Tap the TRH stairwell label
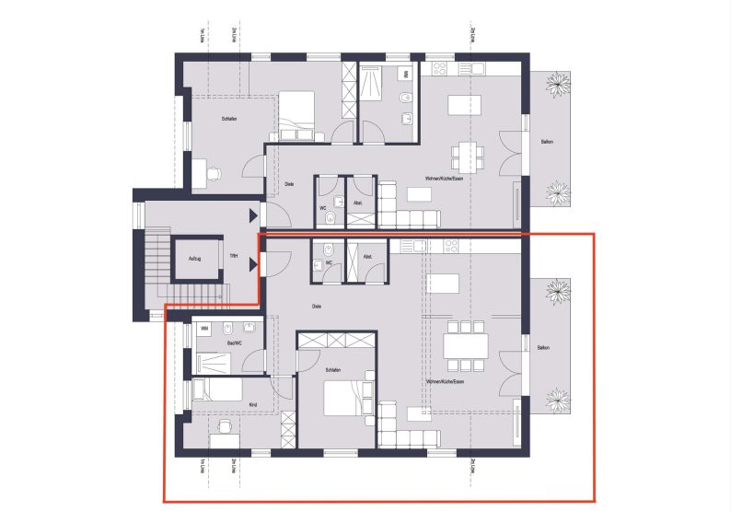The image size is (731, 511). coord(234,260)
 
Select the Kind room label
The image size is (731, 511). coord(253,404)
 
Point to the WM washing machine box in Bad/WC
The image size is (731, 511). coord(203,327)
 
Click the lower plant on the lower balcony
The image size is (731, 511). coord(557,401)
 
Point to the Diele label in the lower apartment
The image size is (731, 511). coord(317,307)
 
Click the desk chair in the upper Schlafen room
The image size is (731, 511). coord(215,172)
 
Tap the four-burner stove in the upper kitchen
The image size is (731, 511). coord(440,68)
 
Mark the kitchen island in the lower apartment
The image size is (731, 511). coord(444,282)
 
